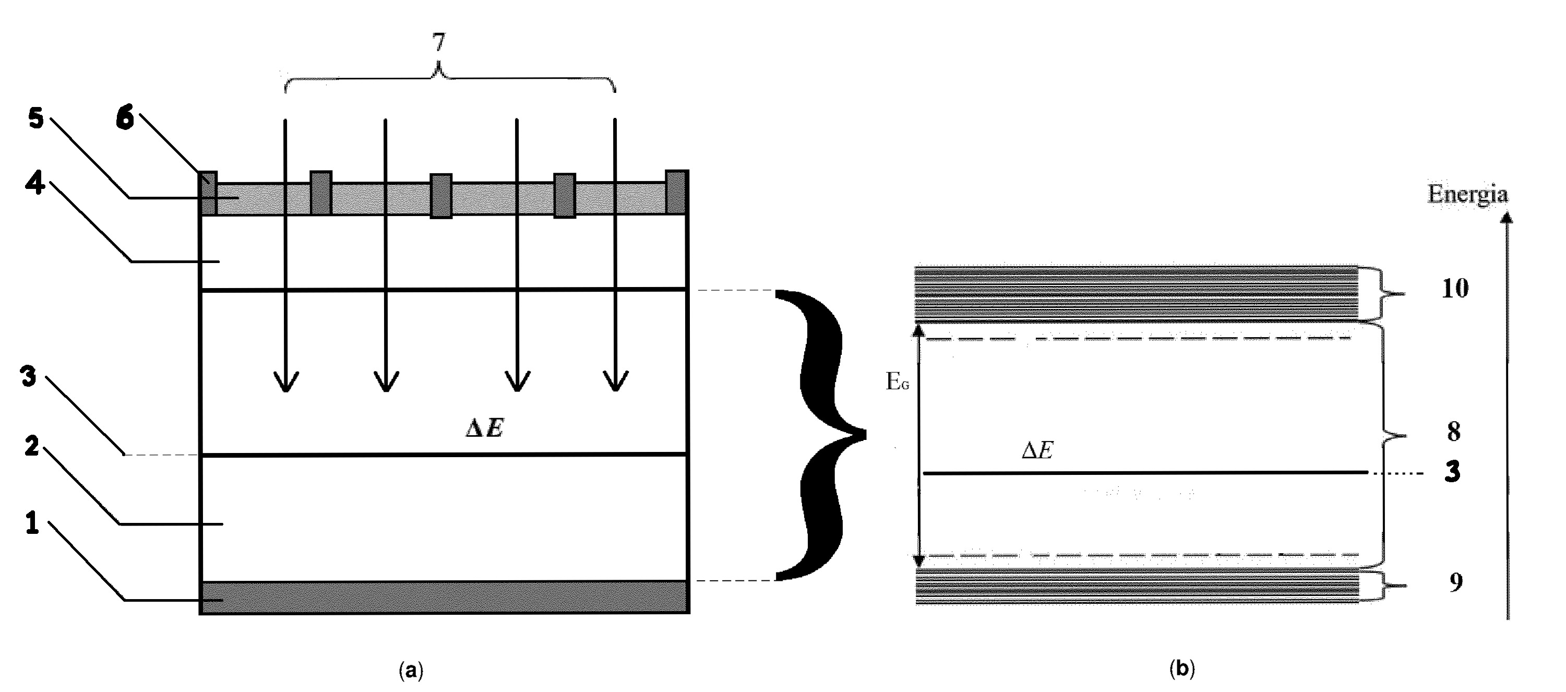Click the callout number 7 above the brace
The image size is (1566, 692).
pyautogui.click(x=438, y=43)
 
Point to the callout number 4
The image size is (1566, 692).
pyautogui.click(x=34, y=183)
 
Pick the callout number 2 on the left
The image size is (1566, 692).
pyautogui.click(x=32, y=446)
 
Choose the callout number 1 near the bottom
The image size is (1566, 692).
pyautogui.click(x=32, y=523)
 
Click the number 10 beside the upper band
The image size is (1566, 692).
pyautogui.click(x=1455, y=288)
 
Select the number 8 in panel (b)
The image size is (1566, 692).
pyautogui.click(x=1453, y=431)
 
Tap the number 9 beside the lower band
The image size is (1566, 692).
pyautogui.click(x=1455, y=582)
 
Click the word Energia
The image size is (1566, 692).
pyautogui.click(x=1467, y=194)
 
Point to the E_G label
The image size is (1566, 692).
pyautogui.click(x=898, y=381)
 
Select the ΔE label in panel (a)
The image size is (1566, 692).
pyautogui.click(x=484, y=428)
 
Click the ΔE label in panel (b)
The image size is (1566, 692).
pyautogui.click(x=1037, y=450)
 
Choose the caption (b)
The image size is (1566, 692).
pyautogui.click(x=1182, y=670)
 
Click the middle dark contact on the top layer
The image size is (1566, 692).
pyautogui.click(x=441, y=196)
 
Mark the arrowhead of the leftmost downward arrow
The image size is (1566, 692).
pyautogui.click(x=286, y=382)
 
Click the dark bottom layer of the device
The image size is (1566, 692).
pyautogui.click(x=445, y=597)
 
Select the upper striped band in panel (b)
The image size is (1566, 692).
pyautogui.click(x=1137, y=294)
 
